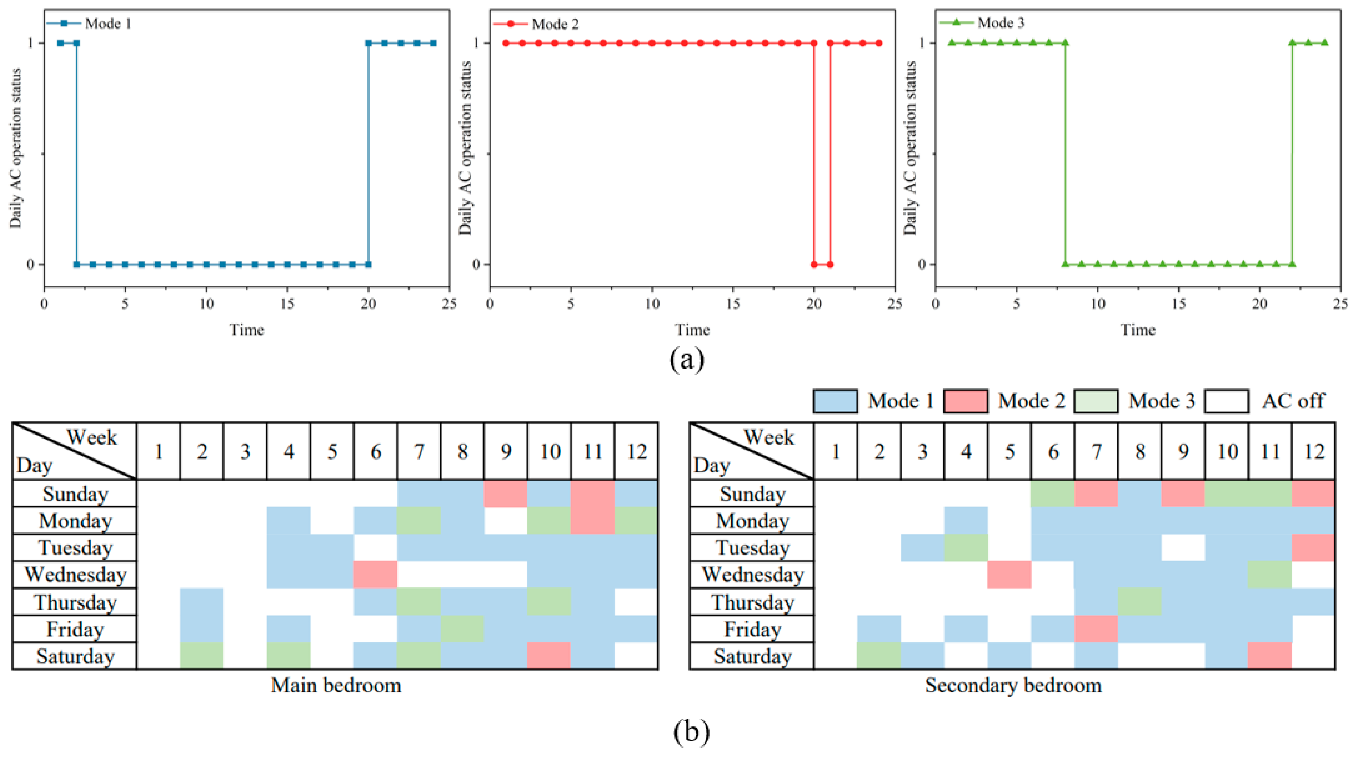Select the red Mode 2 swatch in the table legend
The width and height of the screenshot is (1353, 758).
tap(965, 401)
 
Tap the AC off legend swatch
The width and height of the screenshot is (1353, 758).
tap(1227, 401)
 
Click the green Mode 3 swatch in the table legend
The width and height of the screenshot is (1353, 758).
tap(1096, 401)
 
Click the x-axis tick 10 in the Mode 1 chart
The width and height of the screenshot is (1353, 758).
tap(207, 304)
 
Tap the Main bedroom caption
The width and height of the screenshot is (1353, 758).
tap(336, 686)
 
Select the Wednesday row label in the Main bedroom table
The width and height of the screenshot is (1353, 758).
tap(75, 575)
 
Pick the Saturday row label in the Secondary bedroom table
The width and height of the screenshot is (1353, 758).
tap(752, 656)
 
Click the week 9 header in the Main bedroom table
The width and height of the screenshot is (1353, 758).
tap(506, 452)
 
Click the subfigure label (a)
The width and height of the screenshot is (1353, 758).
tap(687, 359)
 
